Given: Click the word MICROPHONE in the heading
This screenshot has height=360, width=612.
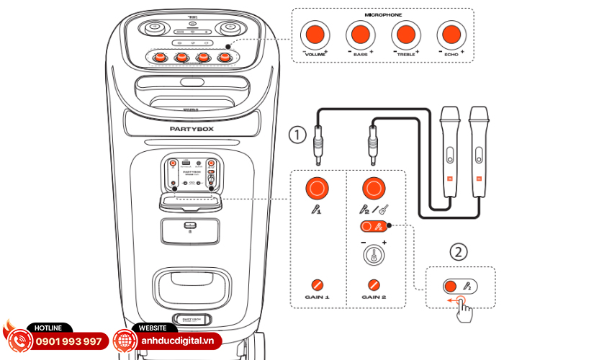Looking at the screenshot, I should coord(382,14).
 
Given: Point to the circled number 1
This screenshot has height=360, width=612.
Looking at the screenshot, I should coord(296,134).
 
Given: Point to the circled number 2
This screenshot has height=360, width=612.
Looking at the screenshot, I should coord(459,252).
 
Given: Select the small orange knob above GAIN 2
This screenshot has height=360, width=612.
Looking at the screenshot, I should coord(373,284).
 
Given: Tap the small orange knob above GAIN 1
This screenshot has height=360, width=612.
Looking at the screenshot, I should coord(316,284).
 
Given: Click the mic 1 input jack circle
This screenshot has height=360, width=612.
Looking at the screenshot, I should coord(316,189).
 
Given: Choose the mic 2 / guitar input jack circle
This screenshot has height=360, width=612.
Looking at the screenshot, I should coord(373,189).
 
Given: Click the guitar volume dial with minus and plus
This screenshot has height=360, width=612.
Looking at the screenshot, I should coord(373,254).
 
